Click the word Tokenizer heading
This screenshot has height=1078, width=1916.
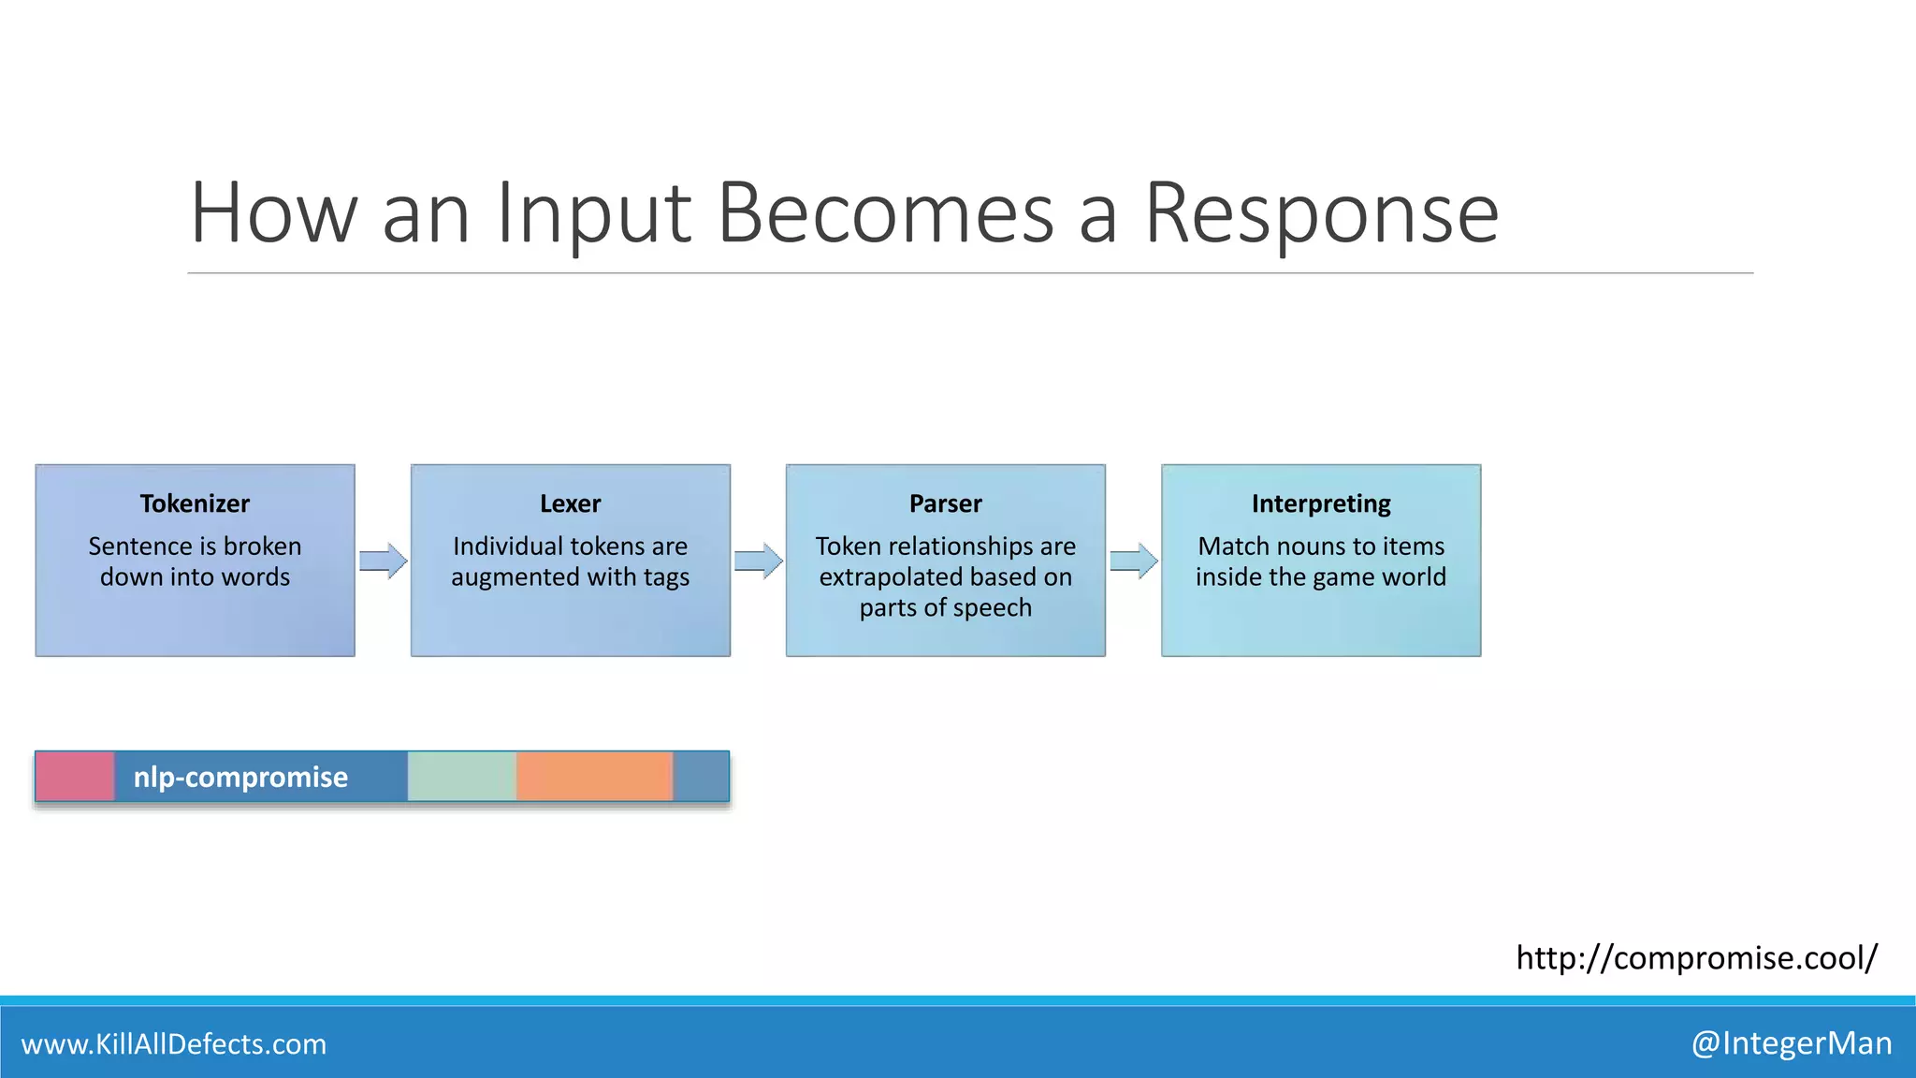coord(195,503)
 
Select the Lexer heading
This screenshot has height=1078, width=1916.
coord(570,503)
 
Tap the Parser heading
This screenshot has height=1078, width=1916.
coord(945,503)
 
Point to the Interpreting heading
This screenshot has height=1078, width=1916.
coord(1320,503)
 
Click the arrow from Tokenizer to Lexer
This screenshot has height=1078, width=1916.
coord(383,561)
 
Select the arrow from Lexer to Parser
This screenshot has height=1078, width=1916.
coord(758,561)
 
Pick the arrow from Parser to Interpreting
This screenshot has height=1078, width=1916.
coord(1133,561)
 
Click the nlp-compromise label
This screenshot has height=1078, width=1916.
coord(240,777)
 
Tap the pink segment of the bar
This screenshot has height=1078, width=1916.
coord(75,777)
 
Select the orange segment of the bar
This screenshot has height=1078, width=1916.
coord(594,777)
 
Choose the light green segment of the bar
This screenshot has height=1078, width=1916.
coord(461,777)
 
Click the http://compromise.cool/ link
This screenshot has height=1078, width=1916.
coord(1696,957)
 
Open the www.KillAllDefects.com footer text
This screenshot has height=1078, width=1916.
coord(174,1043)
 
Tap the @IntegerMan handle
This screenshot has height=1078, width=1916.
coord(1791,1042)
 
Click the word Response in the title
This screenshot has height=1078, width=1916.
coord(1321,215)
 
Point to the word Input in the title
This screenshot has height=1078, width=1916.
coord(593,215)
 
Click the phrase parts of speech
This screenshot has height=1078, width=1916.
coord(945,608)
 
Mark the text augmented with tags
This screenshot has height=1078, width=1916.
coord(570,577)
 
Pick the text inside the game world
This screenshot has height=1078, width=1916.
coord(1320,577)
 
